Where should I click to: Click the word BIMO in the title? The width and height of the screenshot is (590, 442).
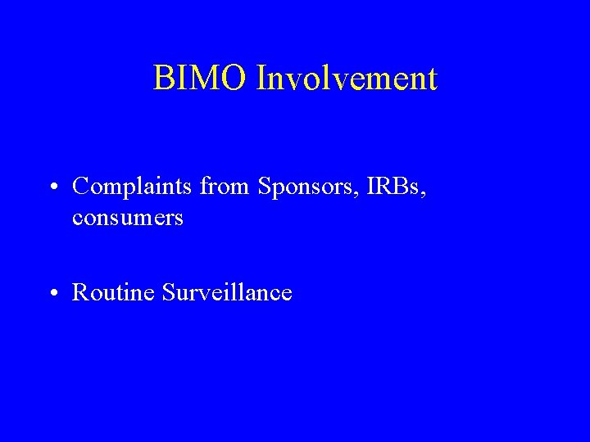(x=200, y=79)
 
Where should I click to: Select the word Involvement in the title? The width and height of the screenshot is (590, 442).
(x=347, y=79)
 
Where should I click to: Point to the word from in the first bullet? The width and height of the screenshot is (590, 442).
(x=225, y=187)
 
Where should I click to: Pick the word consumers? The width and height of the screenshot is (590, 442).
(x=128, y=219)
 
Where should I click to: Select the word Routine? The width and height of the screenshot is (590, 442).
(x=114, y=292)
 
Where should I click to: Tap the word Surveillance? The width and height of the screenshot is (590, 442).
(x=227, y=292)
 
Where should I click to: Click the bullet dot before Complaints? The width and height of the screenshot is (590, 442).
(x=52, y=188)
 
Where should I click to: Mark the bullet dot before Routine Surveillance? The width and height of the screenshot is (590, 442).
(x=52, y=294)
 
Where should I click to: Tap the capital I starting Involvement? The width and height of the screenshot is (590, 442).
(x=261, y=79)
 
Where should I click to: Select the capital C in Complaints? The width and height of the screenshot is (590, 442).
(x=80, y=187)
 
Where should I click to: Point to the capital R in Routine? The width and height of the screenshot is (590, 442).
(x=80, y=292)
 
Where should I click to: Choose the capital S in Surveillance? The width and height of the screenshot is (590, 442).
(x=169, y=292)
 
